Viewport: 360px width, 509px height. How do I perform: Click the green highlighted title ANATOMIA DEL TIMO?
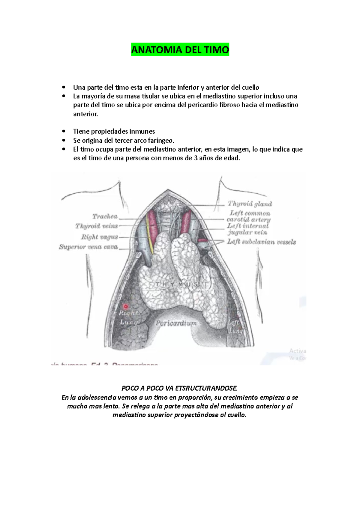click(x=180, y=50)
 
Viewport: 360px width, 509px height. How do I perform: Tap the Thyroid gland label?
click(x=250, y=204)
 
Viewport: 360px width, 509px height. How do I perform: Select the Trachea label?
click(x=105, y=216)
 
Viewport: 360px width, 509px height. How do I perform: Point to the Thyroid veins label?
click(x=96, y=226)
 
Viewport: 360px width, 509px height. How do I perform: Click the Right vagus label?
click(x=99, y=237)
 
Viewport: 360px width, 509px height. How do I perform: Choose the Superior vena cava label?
click(x=88, y=247)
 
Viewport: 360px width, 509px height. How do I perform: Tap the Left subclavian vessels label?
click(x=261, y=242)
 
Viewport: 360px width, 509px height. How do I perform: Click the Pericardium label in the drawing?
click(x=176, y=323)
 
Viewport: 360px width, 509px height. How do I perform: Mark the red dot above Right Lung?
click(x=126, y=306)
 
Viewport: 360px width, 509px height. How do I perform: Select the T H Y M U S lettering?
click(x=176, y=284)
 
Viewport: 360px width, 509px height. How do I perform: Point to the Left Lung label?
click(x=235, y=327)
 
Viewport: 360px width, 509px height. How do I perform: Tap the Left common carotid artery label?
click(x=248, y=216)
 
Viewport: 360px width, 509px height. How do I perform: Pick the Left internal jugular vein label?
click(x=247, y=229)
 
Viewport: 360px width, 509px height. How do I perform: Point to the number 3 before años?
click(x=196, y=158)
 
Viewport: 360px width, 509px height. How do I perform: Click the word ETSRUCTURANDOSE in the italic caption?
click(x=206, y=388)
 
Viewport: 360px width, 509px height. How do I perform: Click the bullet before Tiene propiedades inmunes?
click(x=63, y=132)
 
